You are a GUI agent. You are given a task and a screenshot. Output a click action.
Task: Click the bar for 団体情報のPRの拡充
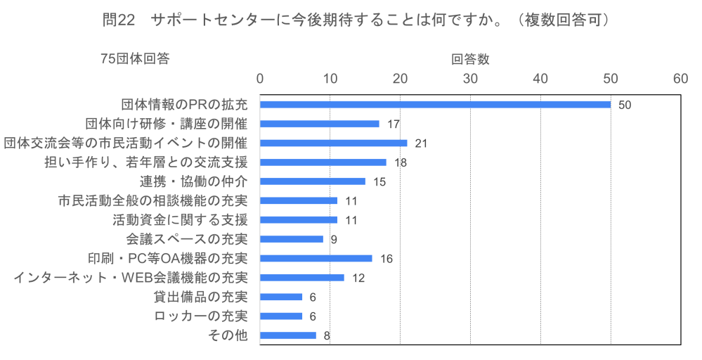pos(435,105)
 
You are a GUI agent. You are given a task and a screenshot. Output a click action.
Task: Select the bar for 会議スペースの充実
pos(291,239)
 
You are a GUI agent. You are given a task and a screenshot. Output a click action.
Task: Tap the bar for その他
pos(287,335)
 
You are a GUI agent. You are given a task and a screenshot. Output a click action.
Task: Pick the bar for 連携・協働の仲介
pos(312,181)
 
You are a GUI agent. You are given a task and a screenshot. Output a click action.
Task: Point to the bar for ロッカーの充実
pos(280,316)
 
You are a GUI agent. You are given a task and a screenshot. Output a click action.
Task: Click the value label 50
pos(625,105)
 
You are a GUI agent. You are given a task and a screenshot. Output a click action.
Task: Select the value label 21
pos(421,143)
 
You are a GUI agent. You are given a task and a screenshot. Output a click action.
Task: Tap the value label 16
pos(386,258)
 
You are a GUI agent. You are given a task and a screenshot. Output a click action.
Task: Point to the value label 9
pos(334,239)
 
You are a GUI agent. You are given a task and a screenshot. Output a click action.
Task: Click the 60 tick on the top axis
pos(680,79)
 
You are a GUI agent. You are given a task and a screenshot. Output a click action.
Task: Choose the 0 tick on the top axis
pos(260,79)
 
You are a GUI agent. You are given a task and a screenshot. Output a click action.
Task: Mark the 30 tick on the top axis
pos(470,79)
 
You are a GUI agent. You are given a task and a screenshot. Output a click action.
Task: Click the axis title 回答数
pos(470,60)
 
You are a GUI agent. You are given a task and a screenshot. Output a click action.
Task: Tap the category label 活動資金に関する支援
pos(180,220)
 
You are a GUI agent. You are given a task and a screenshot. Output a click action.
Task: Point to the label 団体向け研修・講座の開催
pos(167,124)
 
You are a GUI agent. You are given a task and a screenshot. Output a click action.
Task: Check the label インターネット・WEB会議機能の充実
pos(131,278)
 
